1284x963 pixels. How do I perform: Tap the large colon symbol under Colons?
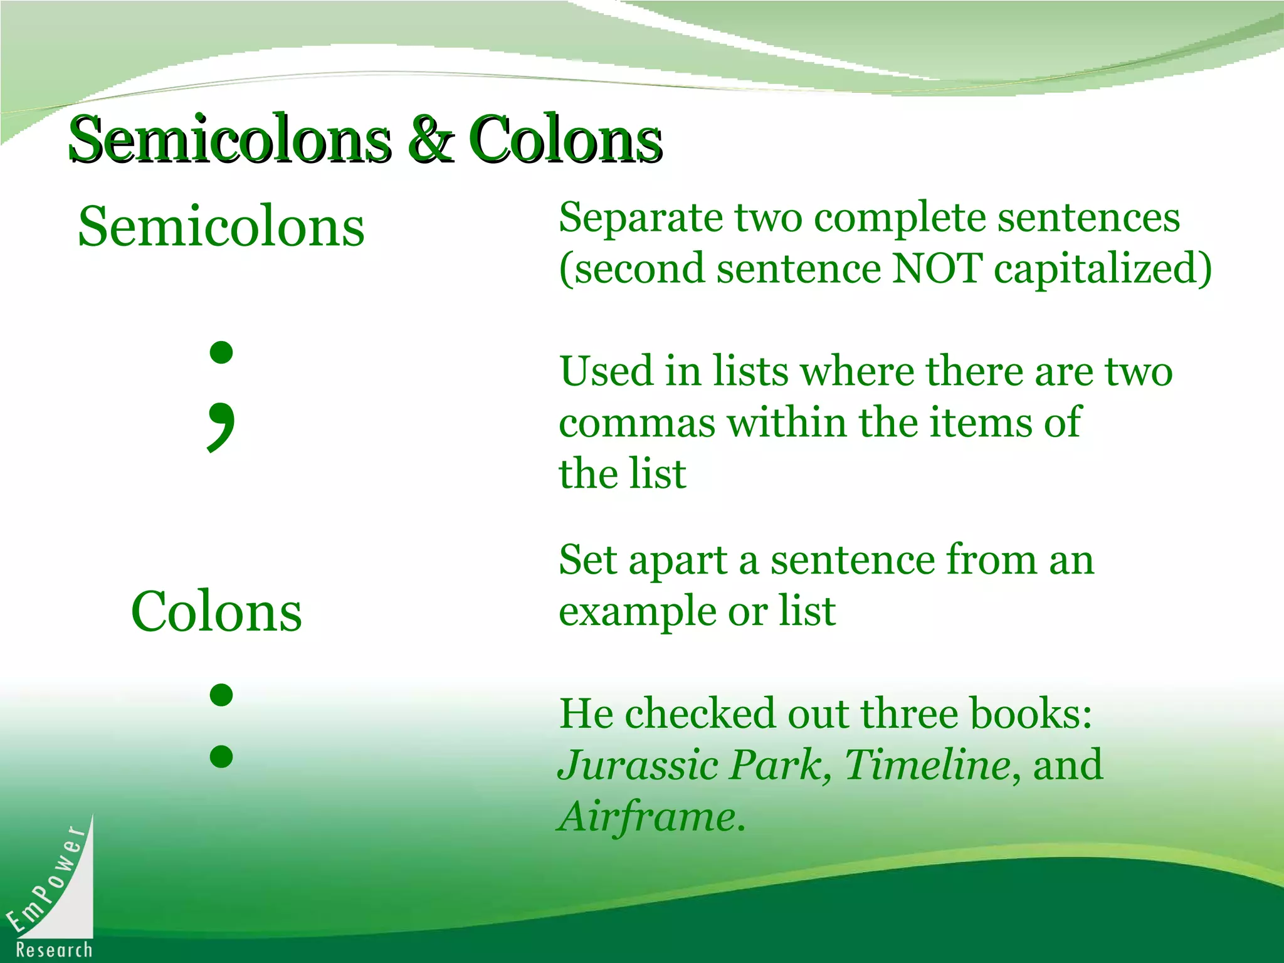[221, 725]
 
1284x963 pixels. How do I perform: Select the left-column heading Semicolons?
[221, 227]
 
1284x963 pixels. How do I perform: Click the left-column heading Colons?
[216, 612]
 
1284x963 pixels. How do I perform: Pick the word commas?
[636, 423]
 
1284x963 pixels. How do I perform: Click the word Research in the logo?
[54, 950]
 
